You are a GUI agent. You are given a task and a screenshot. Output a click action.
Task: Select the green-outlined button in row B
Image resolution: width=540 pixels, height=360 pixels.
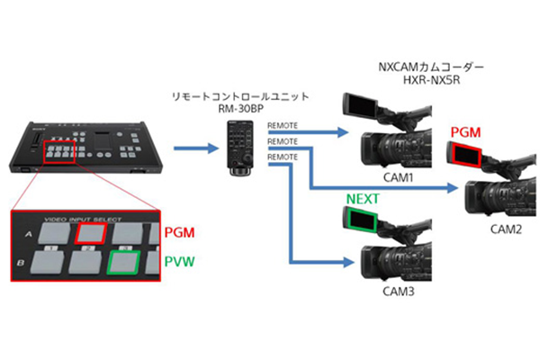pyautogui.click(x=124, y=263)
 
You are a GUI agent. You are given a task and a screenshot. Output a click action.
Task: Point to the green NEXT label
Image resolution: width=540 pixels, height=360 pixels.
pyautogui.click(x=363, y=196)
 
